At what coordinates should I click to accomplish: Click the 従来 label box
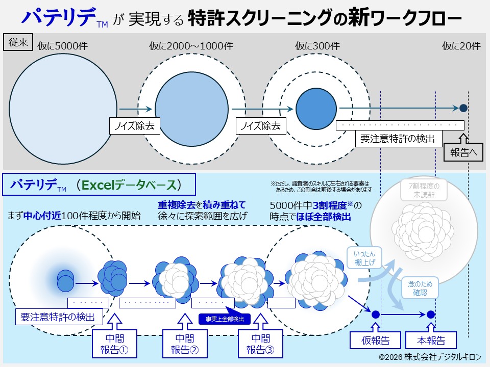[19, 42]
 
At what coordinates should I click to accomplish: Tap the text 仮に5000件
[63, 46]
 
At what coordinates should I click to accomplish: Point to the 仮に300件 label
[317, 46]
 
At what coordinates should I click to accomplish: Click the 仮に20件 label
[461, 46]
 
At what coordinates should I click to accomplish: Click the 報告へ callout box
[463, 152]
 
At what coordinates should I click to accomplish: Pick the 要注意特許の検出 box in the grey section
[398, 139]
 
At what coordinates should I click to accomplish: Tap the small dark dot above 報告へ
[463, 108]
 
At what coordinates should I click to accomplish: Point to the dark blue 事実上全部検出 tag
[225, 319]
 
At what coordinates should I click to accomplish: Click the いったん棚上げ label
[364, 258]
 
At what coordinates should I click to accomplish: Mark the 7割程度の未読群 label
[423, 190]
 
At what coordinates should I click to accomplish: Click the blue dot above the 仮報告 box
[375, 314]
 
